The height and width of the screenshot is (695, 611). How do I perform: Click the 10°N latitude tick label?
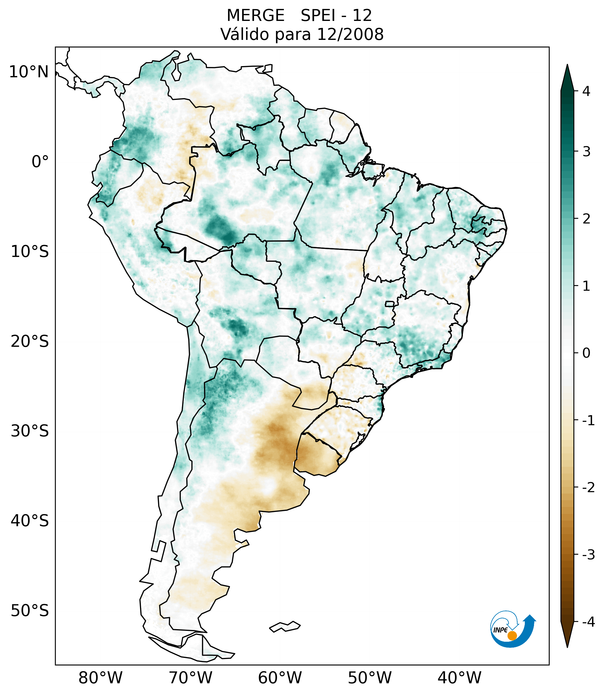(x=29, y=72)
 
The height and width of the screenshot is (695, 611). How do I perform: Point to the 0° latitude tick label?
(x=40, y=162)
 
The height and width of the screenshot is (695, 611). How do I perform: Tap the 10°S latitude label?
(x=30, y=252)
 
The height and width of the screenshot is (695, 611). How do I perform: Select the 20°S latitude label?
(x=30, y=342)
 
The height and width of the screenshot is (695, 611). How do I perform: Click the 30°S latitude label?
(x=30, y=431)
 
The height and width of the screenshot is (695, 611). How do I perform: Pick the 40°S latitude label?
(x=30, y=521)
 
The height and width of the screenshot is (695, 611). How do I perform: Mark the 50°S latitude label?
(x=30, y=611)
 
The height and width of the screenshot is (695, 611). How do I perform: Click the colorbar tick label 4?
(x=586, y=91)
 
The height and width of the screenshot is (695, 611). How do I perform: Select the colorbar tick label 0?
(x=586, y=353)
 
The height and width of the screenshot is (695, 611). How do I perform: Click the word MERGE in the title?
(x=255, y=16)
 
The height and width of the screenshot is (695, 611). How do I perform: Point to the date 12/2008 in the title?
(x=350, y=34)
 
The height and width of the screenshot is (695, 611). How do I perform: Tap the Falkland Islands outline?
(x=285, y=626)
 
